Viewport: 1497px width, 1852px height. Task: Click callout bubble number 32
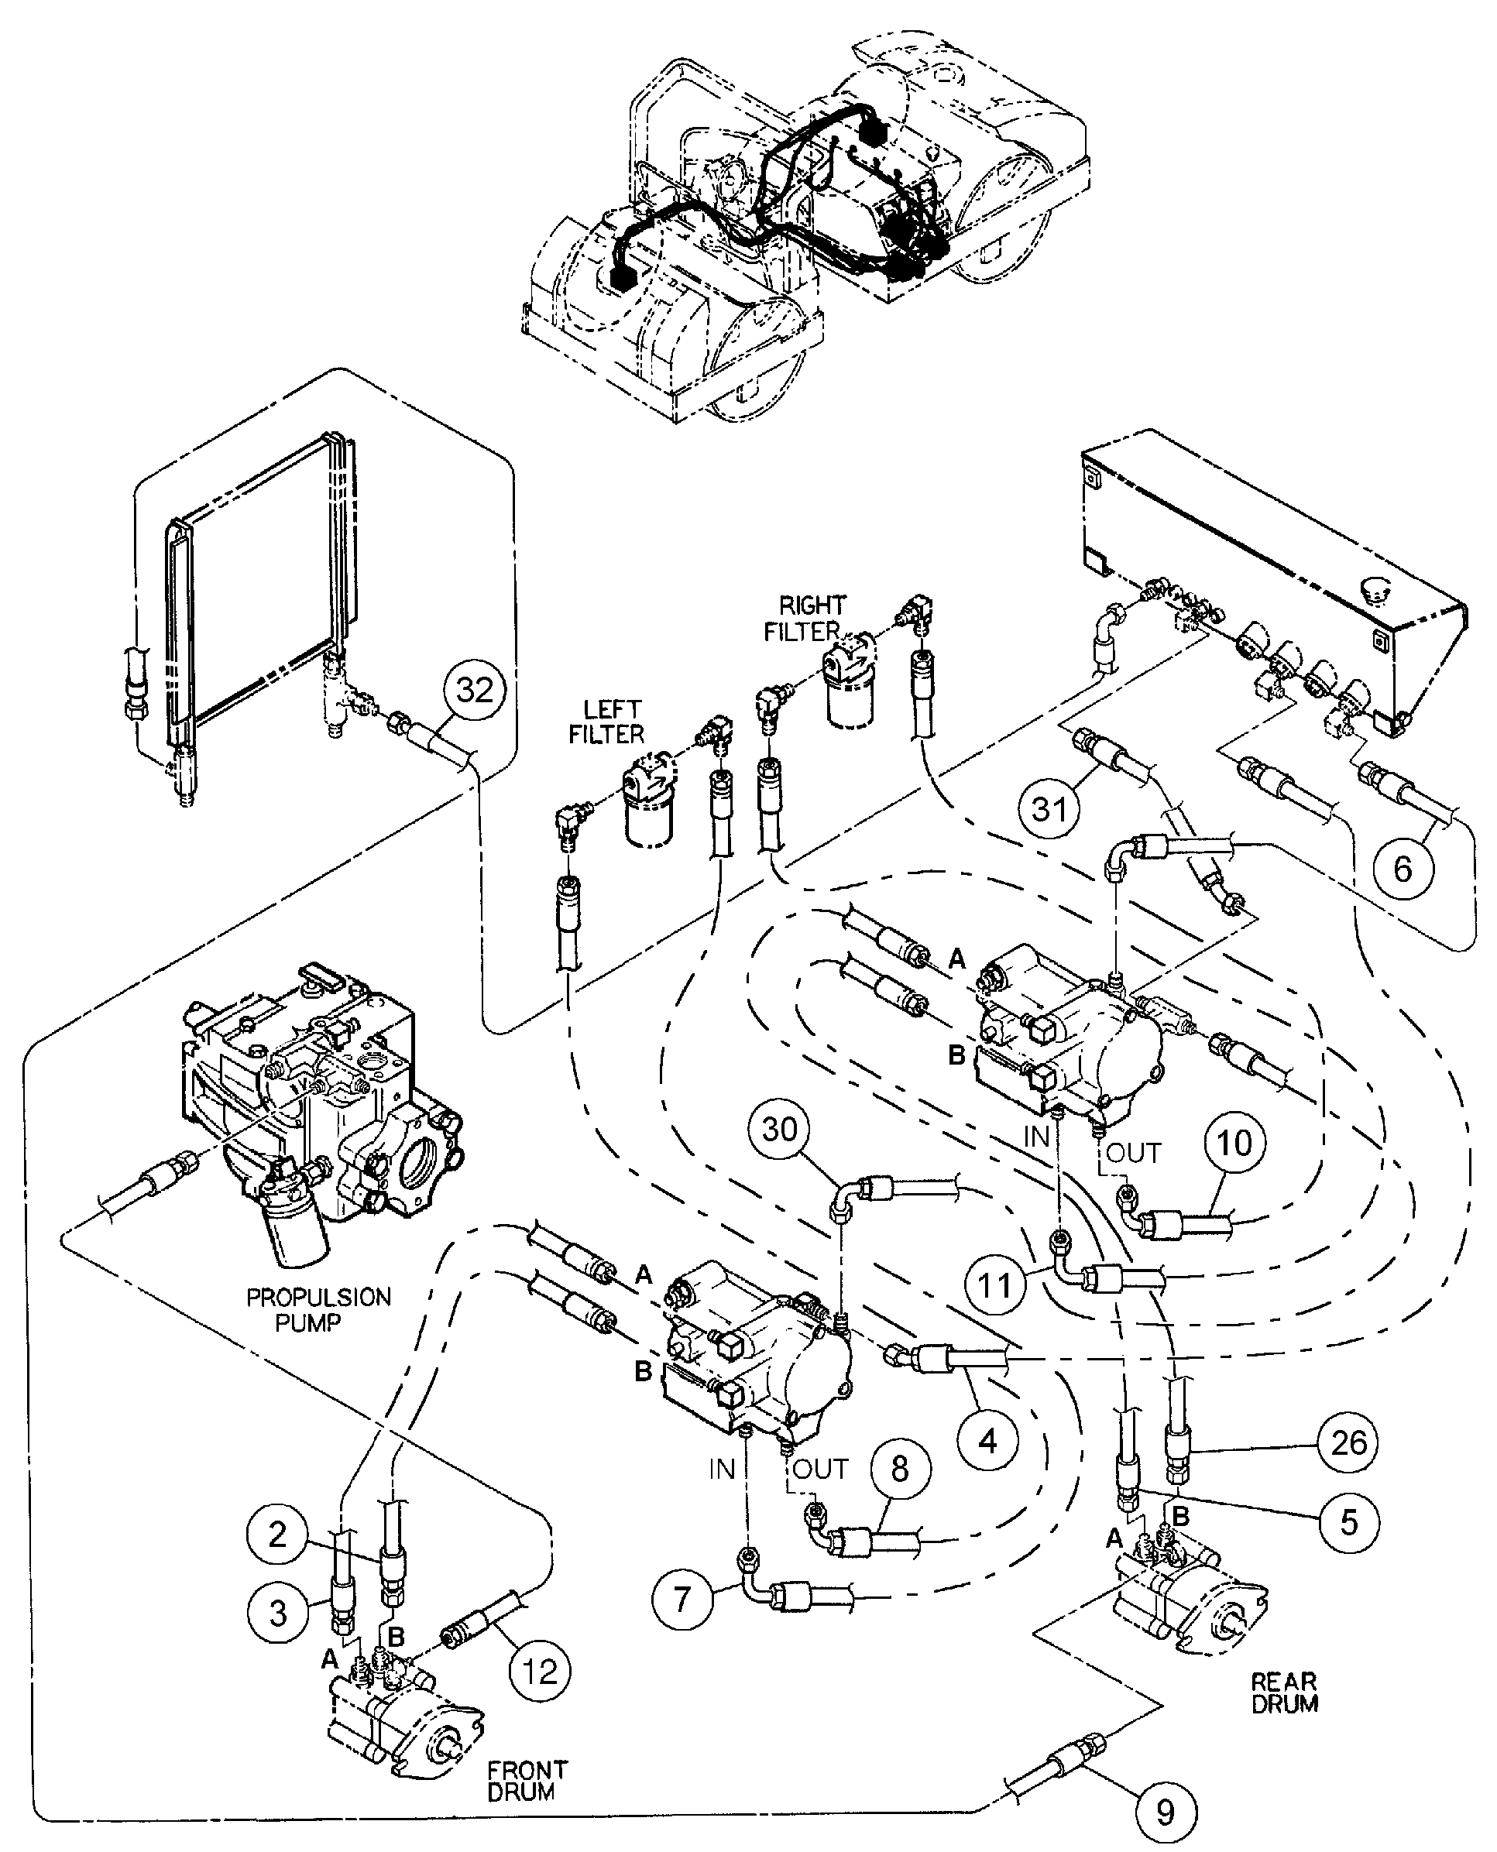474,690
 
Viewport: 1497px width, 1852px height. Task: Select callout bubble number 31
1049,809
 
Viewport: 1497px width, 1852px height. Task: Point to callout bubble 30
781,1130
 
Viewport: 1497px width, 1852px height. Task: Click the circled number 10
1234,1144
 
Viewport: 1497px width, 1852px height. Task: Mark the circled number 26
1348,1442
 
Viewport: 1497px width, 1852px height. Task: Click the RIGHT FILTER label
804,618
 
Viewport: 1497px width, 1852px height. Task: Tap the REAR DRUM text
1284,1693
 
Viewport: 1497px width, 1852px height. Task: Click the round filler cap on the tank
1374,592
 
